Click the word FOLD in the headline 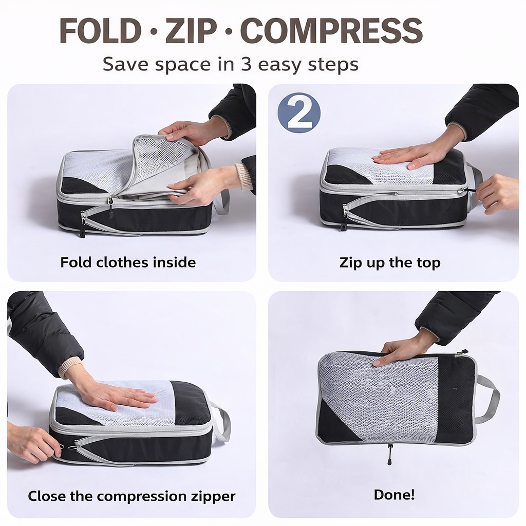pyautogui.click(x=100, y=30)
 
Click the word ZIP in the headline pyautogui.click(x=191, y=30)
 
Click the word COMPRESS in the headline pyautogui.click(x=331, y=30)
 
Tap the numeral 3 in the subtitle pyautogui.click(x=246, y=64)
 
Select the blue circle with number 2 pyautogui.click(x=299, y=112)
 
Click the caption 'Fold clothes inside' pyautogui.click(x=128, y=262)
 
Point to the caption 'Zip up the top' pyautogui.click(x=390, y=262)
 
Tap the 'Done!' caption pyautogui.click(x=394, y=495)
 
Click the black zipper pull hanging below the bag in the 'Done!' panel pyautogui.click(x=390, y=456)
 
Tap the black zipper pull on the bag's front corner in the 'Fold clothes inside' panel pyautogui.click(x=110, y=209)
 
